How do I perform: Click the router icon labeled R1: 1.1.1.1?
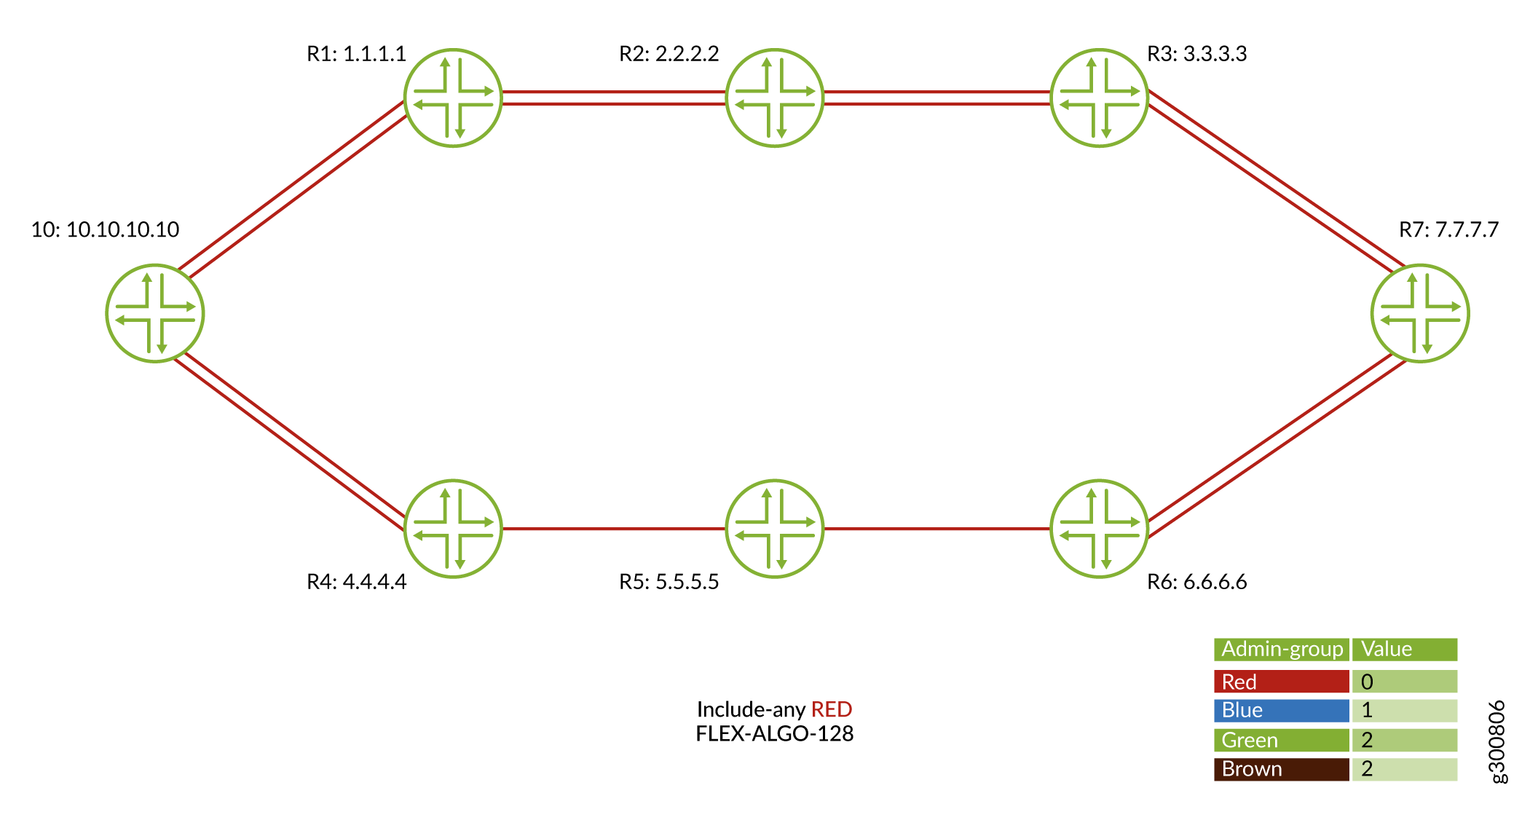(453, 98)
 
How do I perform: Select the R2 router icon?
(774, 98)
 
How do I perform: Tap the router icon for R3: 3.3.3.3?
(1099, 98)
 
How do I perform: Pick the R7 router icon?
(1419, 313)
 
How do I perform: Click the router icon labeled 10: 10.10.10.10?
(155, 313)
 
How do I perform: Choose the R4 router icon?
(453, 529)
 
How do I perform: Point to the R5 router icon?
(774, 529)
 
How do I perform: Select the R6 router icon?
(1099, 529)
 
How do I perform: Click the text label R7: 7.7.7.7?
(1448, 230)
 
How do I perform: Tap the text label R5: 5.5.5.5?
(669, 582)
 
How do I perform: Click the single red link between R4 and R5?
(613, 529)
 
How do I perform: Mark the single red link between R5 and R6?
(936, 529)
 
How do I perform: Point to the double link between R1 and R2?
(613, 98)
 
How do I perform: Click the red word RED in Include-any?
(831, 709)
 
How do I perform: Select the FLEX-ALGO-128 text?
(774, 733)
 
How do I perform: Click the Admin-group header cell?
(1281, 649)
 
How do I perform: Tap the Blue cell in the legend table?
(1281, 710)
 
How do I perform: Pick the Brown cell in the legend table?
(1281, 769)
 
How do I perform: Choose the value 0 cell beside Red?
(1404, 682)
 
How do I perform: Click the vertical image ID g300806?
(1497, 741)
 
